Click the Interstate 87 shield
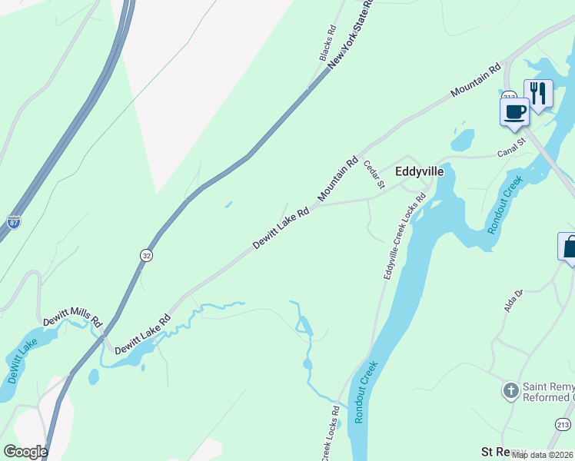point(14,221)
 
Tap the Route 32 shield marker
point(146,254)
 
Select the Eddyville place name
point(419,172)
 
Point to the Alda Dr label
point(513,299)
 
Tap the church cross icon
point(510,391)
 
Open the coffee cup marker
point(514,112)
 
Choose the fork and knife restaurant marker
point(538,94)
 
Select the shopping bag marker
point(569,247)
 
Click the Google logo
point(25,451)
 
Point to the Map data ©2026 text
point(543,455)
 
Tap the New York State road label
point(351,35)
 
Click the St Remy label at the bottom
point(504,451)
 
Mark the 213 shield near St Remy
point(563,424)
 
